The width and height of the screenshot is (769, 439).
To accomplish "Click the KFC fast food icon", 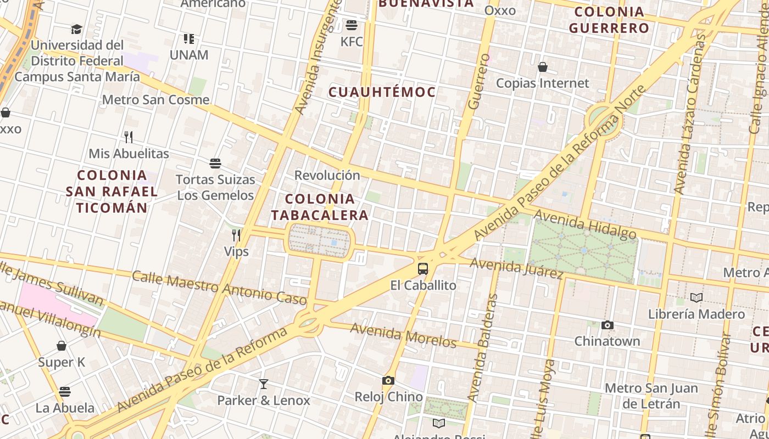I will [352, 25].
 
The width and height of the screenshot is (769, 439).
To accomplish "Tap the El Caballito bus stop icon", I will [422, 269].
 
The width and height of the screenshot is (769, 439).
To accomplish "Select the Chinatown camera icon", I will [607, 325].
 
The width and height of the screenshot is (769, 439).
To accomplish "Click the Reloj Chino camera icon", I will [388, 380].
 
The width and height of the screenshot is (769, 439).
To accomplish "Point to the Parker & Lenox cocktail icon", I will [264, 384].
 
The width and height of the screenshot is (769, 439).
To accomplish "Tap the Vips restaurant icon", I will [236, 235].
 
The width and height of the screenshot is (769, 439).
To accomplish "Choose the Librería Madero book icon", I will [696, 298].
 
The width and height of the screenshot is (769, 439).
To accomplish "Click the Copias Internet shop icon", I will [543, 67].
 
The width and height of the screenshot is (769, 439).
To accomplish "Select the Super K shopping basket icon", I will [62, 346].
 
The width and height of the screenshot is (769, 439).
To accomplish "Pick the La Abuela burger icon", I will [65, 392].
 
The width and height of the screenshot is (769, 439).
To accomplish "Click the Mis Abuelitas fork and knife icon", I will [129, 137].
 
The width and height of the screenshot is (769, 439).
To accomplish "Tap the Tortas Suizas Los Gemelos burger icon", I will [215, 164].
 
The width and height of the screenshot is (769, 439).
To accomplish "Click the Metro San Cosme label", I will [156, 100].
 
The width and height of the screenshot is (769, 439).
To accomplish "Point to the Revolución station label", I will [327, 175].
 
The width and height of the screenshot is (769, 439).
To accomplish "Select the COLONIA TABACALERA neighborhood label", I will [320, 207].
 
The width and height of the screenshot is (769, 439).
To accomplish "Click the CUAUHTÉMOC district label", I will [382, 92].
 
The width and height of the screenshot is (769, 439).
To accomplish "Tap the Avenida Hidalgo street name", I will [584, 224].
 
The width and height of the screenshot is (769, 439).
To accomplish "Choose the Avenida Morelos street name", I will [403, 335].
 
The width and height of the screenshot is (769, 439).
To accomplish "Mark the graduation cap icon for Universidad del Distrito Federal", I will [76, 29].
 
